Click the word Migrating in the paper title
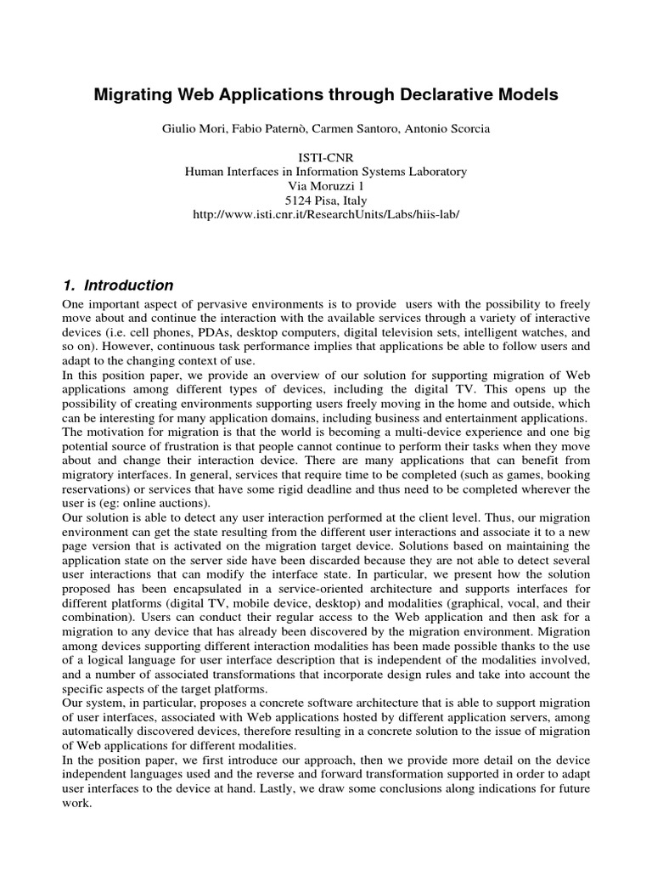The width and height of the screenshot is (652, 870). click(x=130, y=95)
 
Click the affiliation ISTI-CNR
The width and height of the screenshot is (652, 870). click(x=326, y=157)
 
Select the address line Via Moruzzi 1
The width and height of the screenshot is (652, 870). click(x=326, y=186)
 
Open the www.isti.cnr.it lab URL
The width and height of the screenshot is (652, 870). click(x=326, y=215)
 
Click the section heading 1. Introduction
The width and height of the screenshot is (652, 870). click(x=119, y=285)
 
